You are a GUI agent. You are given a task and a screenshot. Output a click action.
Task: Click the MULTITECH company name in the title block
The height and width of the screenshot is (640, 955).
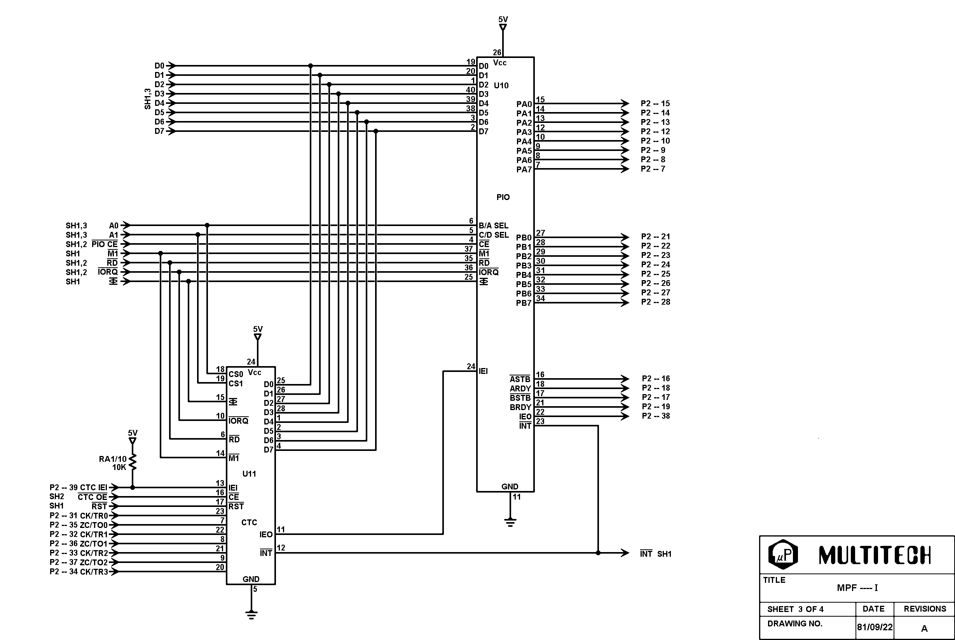pos(874,555)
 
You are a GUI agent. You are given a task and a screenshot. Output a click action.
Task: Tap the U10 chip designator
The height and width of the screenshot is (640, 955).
pos(501,85)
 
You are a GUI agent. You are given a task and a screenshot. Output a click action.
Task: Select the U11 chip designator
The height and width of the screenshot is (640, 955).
pos(249,474)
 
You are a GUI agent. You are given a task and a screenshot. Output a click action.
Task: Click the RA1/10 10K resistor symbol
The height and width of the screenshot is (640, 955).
pos(133,463)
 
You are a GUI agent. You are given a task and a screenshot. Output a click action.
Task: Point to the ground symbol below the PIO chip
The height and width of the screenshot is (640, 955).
pos(510,522)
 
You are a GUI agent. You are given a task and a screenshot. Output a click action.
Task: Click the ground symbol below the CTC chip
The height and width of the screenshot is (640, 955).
pos(251,615)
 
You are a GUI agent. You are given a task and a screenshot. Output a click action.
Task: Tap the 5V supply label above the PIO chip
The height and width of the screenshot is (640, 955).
pos(503,19)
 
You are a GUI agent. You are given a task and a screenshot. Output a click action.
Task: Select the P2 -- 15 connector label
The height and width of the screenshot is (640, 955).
pos(655,103)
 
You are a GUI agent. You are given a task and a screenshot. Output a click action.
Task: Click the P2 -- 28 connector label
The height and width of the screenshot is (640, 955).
pos(655,302)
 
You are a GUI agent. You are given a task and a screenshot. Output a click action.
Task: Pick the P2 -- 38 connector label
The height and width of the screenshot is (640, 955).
pos(656,416)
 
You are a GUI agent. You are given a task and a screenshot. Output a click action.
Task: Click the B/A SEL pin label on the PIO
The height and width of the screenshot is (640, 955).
pos(493,226)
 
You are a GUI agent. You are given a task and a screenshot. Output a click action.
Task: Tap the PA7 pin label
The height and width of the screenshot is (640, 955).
pos(524,169)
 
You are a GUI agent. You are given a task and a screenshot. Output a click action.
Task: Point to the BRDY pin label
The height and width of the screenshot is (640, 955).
pos(520,407)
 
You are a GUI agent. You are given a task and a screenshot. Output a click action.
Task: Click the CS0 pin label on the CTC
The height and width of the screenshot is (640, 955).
pos(236,374)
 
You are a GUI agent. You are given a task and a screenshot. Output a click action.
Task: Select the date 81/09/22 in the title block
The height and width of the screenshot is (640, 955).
pos(875,627)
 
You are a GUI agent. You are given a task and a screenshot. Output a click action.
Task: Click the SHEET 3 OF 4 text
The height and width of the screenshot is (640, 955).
pos(795,609)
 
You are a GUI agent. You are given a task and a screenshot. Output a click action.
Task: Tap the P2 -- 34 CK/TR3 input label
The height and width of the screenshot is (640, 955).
pos(79,572)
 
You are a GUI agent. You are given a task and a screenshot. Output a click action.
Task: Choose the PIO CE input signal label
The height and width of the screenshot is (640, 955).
pos(105,244)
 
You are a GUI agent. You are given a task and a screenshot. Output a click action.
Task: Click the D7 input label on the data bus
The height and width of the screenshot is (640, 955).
pos(159,132)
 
